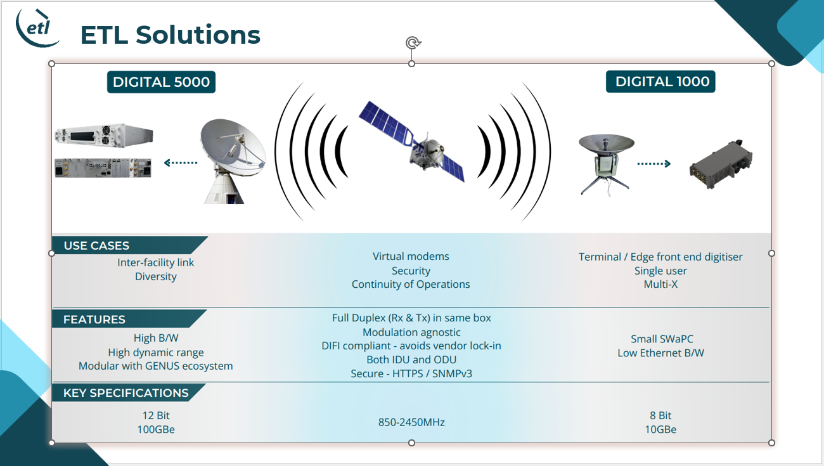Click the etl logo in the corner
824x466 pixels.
(37, 28)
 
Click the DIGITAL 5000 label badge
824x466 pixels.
(161, 82)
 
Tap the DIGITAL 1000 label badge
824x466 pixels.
(660, 81)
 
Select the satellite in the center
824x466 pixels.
(412, 142)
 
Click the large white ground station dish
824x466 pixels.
(232, 160)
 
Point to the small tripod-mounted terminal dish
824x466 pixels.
(605, 164)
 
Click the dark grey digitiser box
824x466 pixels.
(720, 164)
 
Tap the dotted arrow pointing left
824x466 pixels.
(181, 162)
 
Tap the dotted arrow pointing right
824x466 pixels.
(654, 164)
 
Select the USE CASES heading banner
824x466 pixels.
(129, 245)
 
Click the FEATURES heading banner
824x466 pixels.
(129, 319)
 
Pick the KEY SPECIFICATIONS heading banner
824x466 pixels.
(129, 392)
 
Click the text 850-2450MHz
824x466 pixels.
(411, 422)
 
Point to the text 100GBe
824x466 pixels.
(155, 429)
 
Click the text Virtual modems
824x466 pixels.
(411, 256)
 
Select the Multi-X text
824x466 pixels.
(660, 284)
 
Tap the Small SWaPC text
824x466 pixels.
(662, 339)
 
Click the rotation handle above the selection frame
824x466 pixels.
(413, 42)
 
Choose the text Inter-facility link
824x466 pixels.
(155, 262)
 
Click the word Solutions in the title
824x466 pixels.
(198, 35)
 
